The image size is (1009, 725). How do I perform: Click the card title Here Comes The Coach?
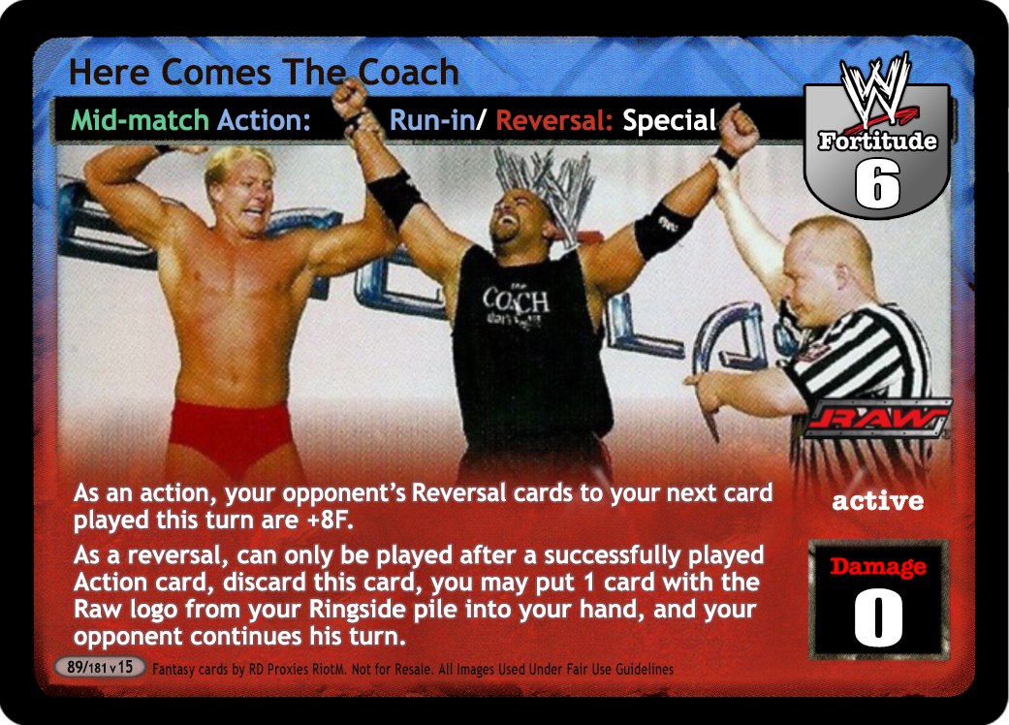pyautogui.click(x=264, y=72)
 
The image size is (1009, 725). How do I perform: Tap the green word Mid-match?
pyautogui.click(x=140, y=120)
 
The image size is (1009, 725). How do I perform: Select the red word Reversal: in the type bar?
pyautogui.click(x=553, y=120)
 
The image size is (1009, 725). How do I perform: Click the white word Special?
pyautogui.click(x=669, y=120)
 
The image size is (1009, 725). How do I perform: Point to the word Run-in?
pyautogui.click(x=432, y=120)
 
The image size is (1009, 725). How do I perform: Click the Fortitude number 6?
pyautogui.click(x=877, y=183)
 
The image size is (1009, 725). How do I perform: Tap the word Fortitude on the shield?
pyautogui.click(x=877, y=141)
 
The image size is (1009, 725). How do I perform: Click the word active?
pyautogui.click(x=878, y=501)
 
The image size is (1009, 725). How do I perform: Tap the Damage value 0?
pyautogui.click(x=878, y=617)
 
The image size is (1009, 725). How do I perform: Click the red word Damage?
pyautogui.click(x=878, y=566)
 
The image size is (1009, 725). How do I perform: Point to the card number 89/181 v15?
pyautogui.click(x=100, y=667)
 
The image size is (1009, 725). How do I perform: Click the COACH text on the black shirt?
pyautogui.click(x=516, y=299)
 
